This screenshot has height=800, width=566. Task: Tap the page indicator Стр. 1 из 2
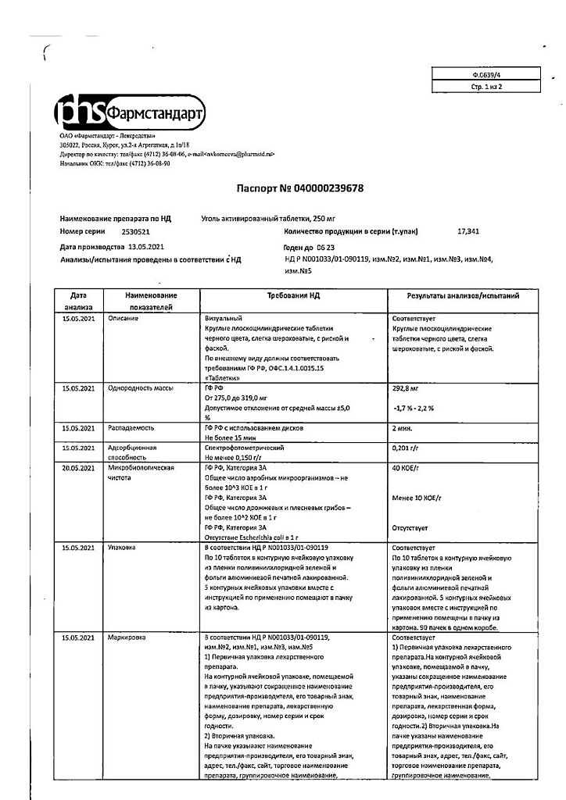(485, 87)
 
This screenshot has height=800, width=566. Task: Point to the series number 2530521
(137, 232)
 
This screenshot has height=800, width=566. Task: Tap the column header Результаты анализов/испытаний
(464, 296)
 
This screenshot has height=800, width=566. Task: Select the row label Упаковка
(122, 548)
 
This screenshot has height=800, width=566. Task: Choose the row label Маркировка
(125, 638)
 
